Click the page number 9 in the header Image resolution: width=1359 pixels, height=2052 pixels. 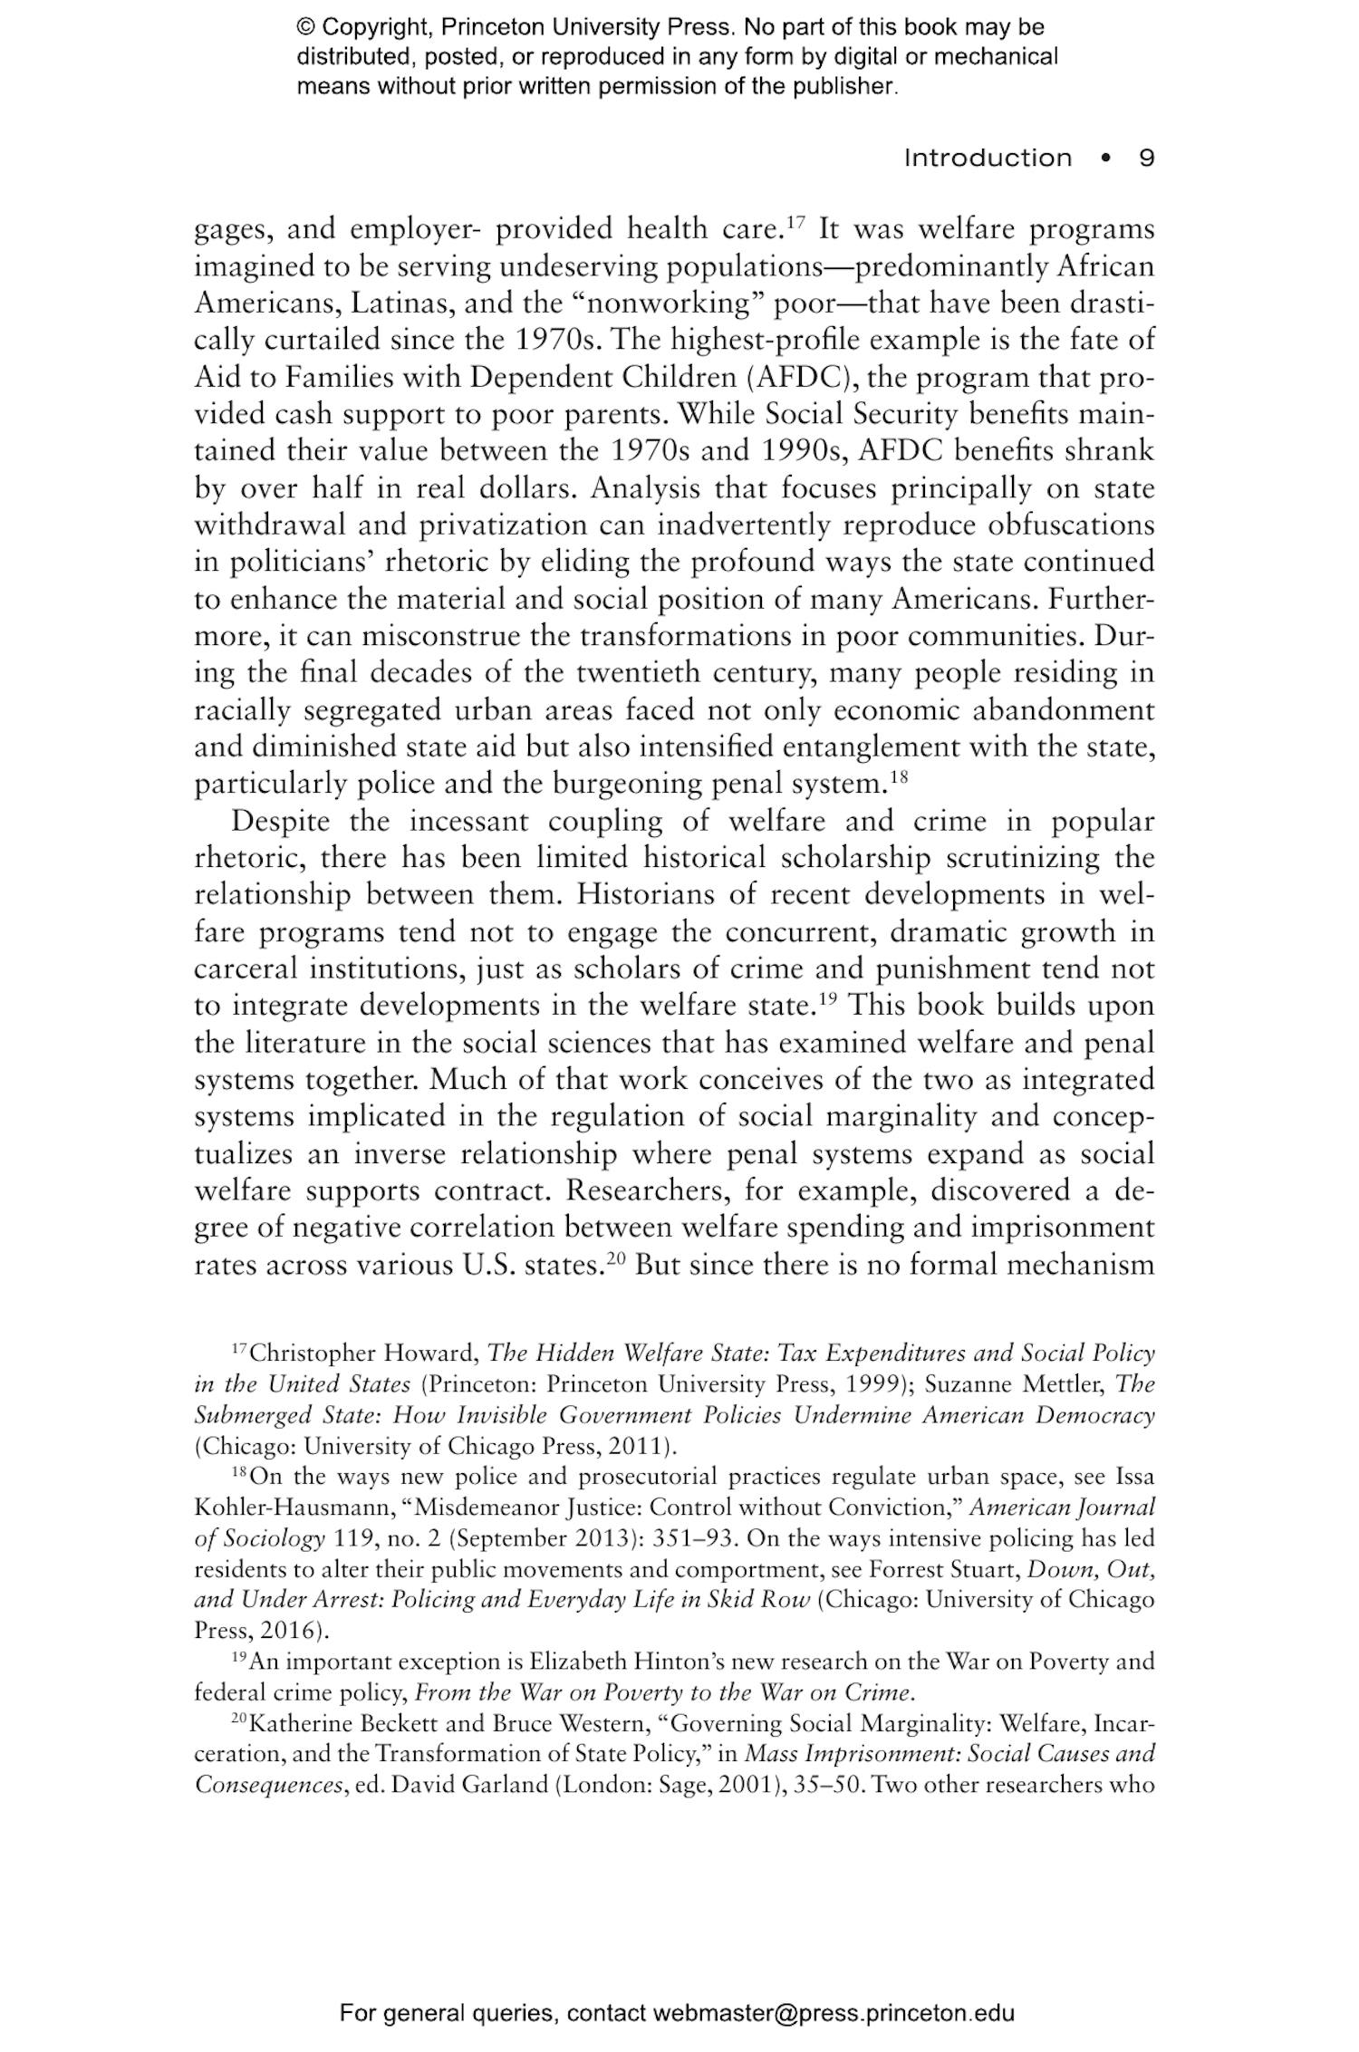pyautogui.click(x=1146, y=158)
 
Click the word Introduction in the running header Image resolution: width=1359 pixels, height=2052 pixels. pyautogui.click(x=988, y=158)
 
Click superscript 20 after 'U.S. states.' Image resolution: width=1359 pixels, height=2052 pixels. pyautogui.click(x=617, y=1258)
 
